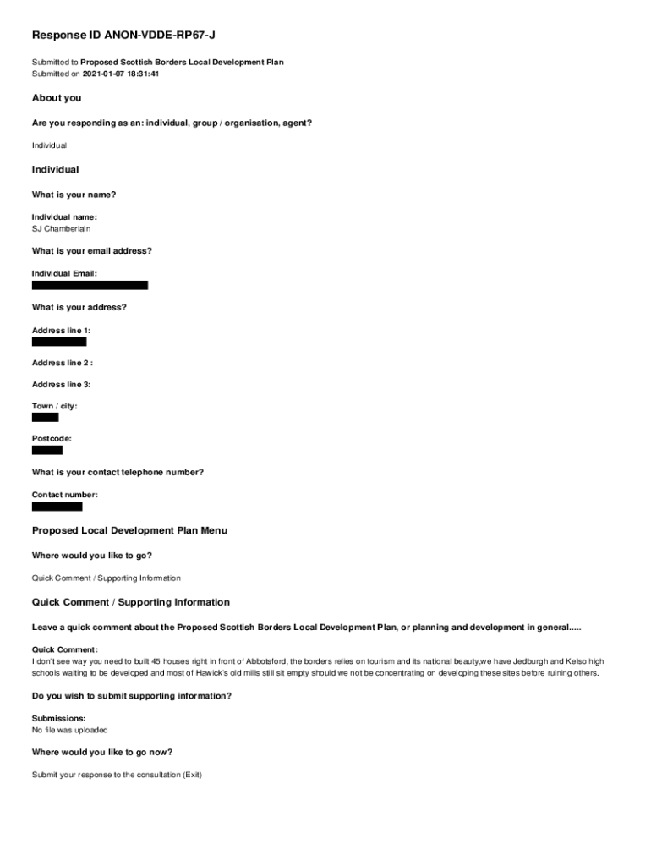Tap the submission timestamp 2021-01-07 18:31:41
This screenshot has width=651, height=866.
coord(121,74)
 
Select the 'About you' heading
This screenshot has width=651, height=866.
coord(57,98)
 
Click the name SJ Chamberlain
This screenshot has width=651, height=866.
coord(61,228)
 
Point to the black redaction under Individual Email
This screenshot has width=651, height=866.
coord(90,286)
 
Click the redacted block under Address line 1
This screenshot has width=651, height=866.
coord(59,342)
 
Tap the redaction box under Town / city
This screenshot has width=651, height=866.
coord(45,418)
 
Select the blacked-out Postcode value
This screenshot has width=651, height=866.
coord(47,450)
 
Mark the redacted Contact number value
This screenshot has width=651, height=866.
coord(57,507)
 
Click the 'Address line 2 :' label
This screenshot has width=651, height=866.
coord(62,363)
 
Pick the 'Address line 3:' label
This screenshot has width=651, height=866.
coord(61,385)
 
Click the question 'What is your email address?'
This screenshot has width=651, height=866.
coord(92,251)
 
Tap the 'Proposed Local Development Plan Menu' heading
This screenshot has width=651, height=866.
coord(129,530)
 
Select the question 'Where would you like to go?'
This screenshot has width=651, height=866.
coord(92,556)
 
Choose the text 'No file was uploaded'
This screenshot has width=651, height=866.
coord(70,730)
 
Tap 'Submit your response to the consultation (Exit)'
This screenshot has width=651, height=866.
coord(117,775)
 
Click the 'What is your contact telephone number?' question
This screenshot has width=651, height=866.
coord(118,473)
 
